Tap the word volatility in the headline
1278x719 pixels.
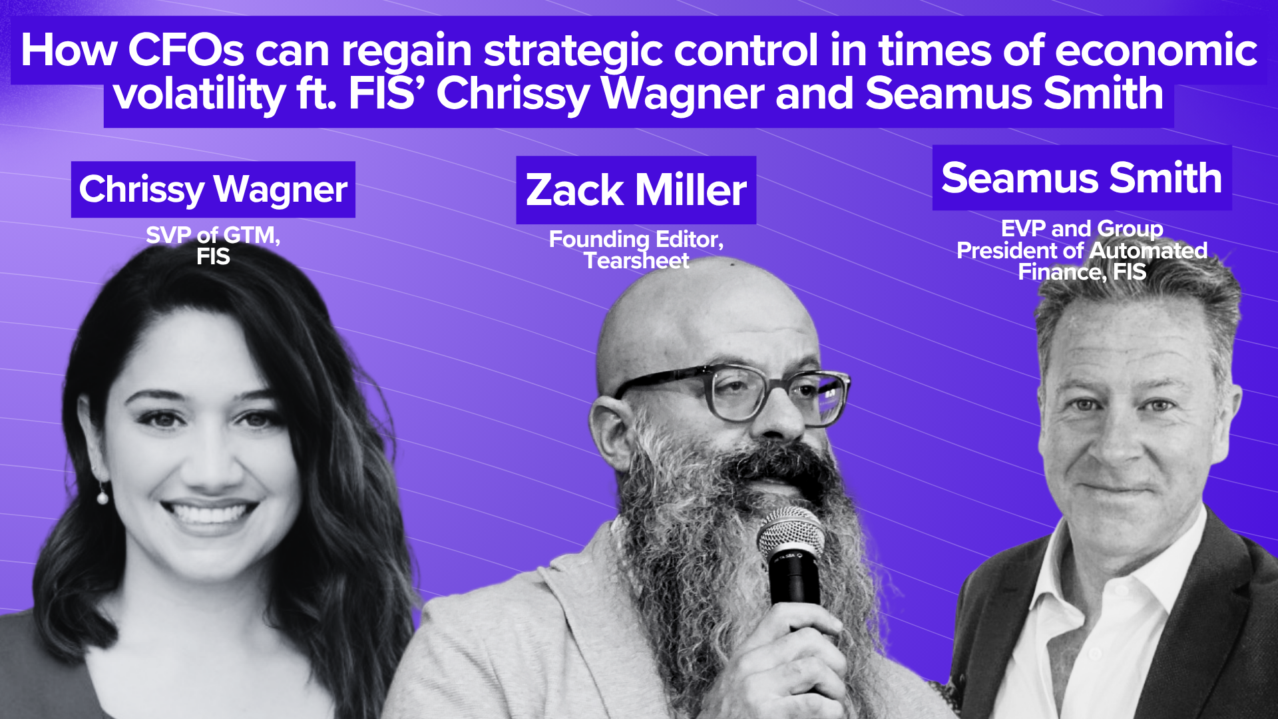(200, 95)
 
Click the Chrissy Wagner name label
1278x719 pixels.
(213, 190)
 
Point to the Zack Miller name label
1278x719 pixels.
(636, 190)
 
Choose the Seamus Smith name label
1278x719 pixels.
(1082, 178)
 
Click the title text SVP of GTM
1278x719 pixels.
(213, 235)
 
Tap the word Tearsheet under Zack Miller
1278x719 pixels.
(636, 261)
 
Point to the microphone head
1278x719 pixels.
(791, 533)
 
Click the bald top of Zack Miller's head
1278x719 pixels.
(699, 306)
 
